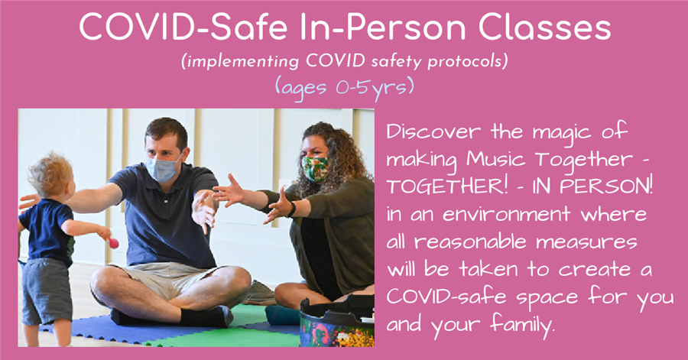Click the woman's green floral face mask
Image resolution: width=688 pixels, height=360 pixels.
(315, 169)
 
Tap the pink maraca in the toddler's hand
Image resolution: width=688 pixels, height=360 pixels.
(113, 242)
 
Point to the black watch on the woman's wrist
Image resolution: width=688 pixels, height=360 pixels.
(291, 209)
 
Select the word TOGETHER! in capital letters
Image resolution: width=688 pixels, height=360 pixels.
(446, 187)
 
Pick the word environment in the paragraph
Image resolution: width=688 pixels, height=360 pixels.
(506, 215)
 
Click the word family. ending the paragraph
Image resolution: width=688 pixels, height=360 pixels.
(523, 326)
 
